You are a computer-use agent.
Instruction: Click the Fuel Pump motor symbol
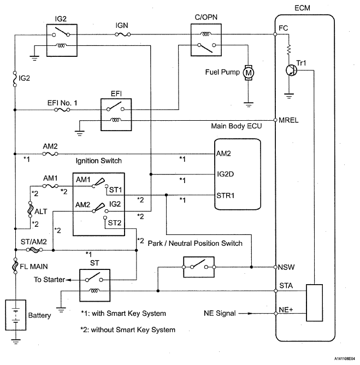coord(248,72)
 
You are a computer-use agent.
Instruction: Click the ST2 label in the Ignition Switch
coord(115,223)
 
